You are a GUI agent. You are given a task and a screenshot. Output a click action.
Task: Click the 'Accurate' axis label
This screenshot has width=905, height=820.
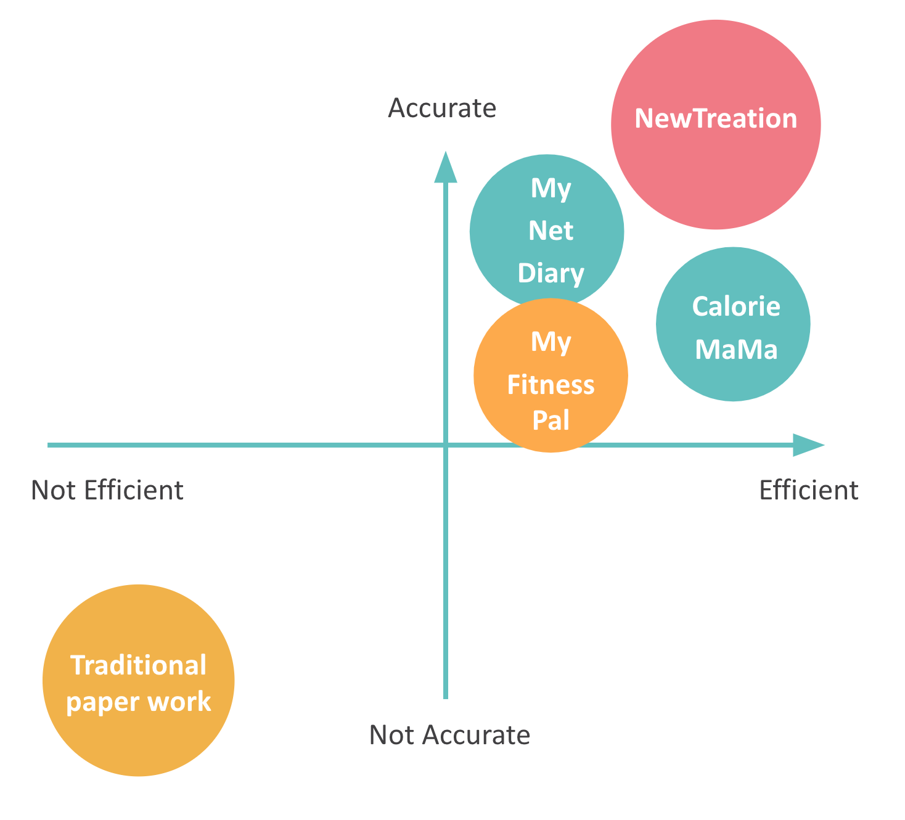click(x=442, y=109)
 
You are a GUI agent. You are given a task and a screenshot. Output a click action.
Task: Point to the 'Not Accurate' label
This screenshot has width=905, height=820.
click(x=449, y=736)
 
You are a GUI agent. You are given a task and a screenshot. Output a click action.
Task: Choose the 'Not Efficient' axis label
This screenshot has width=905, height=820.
click(x=107, y=491)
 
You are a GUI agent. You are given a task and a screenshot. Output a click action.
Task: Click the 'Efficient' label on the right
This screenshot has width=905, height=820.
click(x=808, y=491)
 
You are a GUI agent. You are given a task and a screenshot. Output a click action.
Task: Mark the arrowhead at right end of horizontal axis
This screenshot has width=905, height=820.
click(x=808, y=445)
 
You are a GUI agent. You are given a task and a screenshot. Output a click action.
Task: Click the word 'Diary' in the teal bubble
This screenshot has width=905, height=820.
click(x=551, y=274)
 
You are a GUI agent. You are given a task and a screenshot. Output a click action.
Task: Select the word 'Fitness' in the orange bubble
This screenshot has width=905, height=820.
click(x=551, y=385)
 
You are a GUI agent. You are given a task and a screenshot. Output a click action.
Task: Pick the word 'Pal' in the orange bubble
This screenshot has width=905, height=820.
click(x=551, y=420)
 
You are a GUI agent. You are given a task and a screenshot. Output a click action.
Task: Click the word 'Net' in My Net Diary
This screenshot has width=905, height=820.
click(x=551, y=231)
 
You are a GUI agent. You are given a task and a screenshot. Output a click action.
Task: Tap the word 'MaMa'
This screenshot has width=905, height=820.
click(x=736, y=350)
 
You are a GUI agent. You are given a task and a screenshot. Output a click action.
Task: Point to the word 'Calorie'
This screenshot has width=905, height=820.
click(x=736, y=306)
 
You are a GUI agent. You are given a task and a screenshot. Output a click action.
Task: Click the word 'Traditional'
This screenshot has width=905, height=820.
click(x=139, y=666)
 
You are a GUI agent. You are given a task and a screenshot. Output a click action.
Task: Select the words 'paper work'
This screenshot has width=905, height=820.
click(x=139, y=702)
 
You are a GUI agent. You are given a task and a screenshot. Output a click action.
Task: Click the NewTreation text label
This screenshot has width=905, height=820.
click(x=716, y=118)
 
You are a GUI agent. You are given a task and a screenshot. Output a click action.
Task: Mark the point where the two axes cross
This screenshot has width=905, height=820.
click(x=446, y=445)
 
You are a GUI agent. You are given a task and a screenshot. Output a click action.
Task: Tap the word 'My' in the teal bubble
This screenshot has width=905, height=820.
click(x=551, y=188)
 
